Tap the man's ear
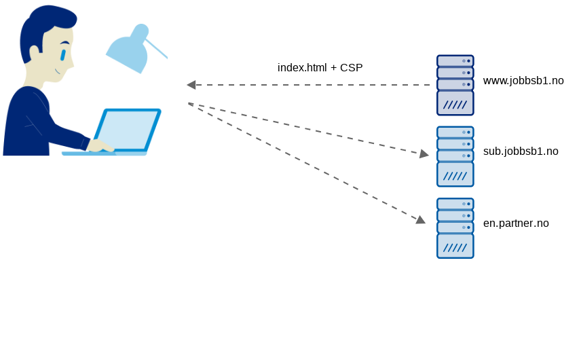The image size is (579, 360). (x=34, y=52)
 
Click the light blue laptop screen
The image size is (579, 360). (x=127, y=129)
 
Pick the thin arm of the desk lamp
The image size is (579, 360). (x=157, y=49)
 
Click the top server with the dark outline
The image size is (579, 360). (x=455, y=85)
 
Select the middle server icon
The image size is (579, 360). (x=455, y=156)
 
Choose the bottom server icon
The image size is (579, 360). (x=455, y=228)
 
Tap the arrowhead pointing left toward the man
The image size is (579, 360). (x=191, y=85)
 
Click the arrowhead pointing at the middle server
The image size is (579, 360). (x=424, y=154)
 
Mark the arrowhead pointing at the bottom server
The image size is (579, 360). (x=421, y=219)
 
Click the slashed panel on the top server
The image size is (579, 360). (x=455, y=104)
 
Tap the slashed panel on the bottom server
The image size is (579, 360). (x=455, y=247)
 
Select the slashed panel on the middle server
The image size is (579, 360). (x=455, y=175)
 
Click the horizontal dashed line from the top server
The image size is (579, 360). (x=312, y=85)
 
